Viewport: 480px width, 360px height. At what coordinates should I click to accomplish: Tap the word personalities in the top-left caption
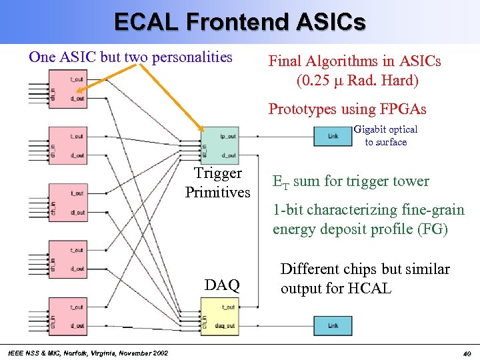point(192,57)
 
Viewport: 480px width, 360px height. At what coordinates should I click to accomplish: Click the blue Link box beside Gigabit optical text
point(333,136)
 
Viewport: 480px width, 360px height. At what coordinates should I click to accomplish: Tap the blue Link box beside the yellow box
point(333,326)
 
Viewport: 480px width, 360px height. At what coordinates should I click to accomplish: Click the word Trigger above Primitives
point(218,174)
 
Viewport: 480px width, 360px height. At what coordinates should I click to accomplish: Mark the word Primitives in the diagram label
point(218,193)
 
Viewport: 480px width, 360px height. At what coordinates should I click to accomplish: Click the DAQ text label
point(222,286)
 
